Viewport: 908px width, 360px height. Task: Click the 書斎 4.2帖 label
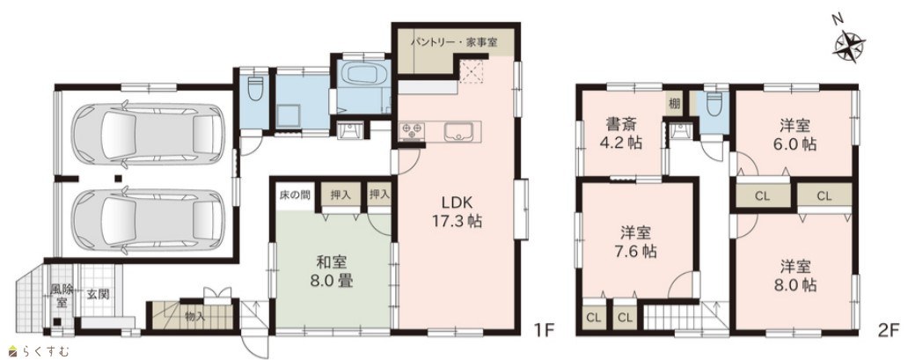(x=623, y=133)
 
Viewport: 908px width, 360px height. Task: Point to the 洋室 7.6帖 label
(x=636, y=242)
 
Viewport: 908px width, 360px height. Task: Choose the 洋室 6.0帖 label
(x=798, y=135)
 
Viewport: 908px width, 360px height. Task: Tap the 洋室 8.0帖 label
(x=798, y=276)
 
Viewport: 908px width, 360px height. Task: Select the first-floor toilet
(x=255, y=88)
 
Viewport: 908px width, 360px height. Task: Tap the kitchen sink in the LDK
(x=460, y=132)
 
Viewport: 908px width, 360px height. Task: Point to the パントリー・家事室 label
(x=453, y=41)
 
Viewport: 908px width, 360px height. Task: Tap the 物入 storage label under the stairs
(x=194, y=317)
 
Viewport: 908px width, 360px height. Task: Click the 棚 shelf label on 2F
(x=674, y=105)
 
